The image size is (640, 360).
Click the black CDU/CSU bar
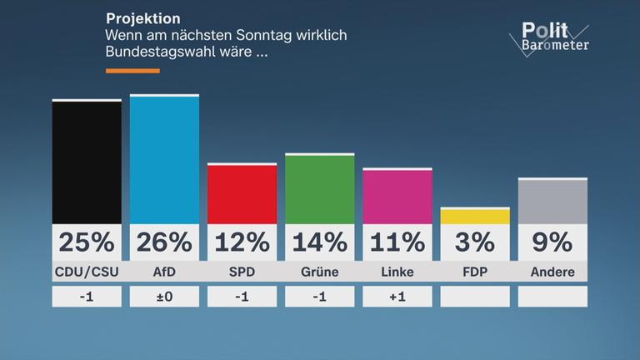87,162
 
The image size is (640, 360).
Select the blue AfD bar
164,159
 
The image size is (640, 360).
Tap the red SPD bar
242,193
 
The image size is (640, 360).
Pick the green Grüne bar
320,188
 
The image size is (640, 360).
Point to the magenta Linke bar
397,196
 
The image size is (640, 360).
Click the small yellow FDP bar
475,216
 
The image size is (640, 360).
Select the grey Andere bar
552,201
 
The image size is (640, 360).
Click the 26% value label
164,242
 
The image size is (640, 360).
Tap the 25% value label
87,242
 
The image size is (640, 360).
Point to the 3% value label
475,242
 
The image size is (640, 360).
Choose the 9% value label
552,242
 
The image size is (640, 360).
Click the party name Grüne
320,272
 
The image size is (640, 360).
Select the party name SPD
242,272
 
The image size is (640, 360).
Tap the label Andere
552,272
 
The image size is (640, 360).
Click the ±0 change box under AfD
164,297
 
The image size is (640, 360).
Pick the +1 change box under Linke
397,297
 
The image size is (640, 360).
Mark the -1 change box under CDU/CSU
87,297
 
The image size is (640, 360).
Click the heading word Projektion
142,18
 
